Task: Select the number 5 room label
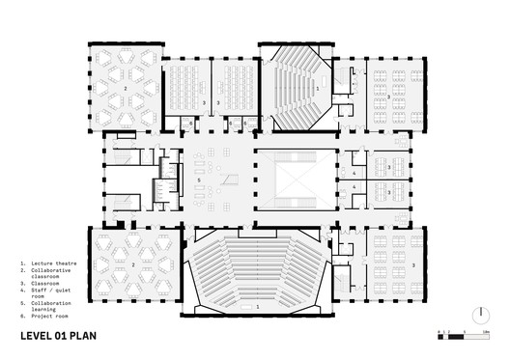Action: (198, 180)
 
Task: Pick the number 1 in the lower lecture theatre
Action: (257, 306)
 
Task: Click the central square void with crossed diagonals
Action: (295, 179)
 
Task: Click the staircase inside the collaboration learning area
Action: (229, 180)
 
